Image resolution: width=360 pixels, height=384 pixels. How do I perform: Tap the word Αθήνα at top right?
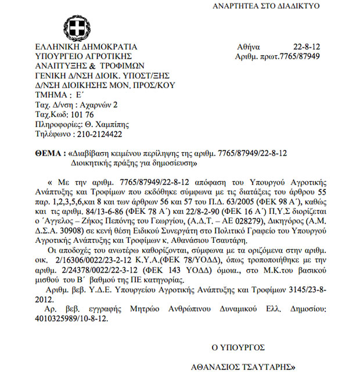pyautogui.click(x=249, y=47)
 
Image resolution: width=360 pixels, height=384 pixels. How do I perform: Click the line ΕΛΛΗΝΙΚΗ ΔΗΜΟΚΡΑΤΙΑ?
pyautogui.click(x=86, y=47)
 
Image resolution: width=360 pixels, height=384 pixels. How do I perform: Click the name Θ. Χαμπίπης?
pyautogui.click(x=107, y=124)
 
